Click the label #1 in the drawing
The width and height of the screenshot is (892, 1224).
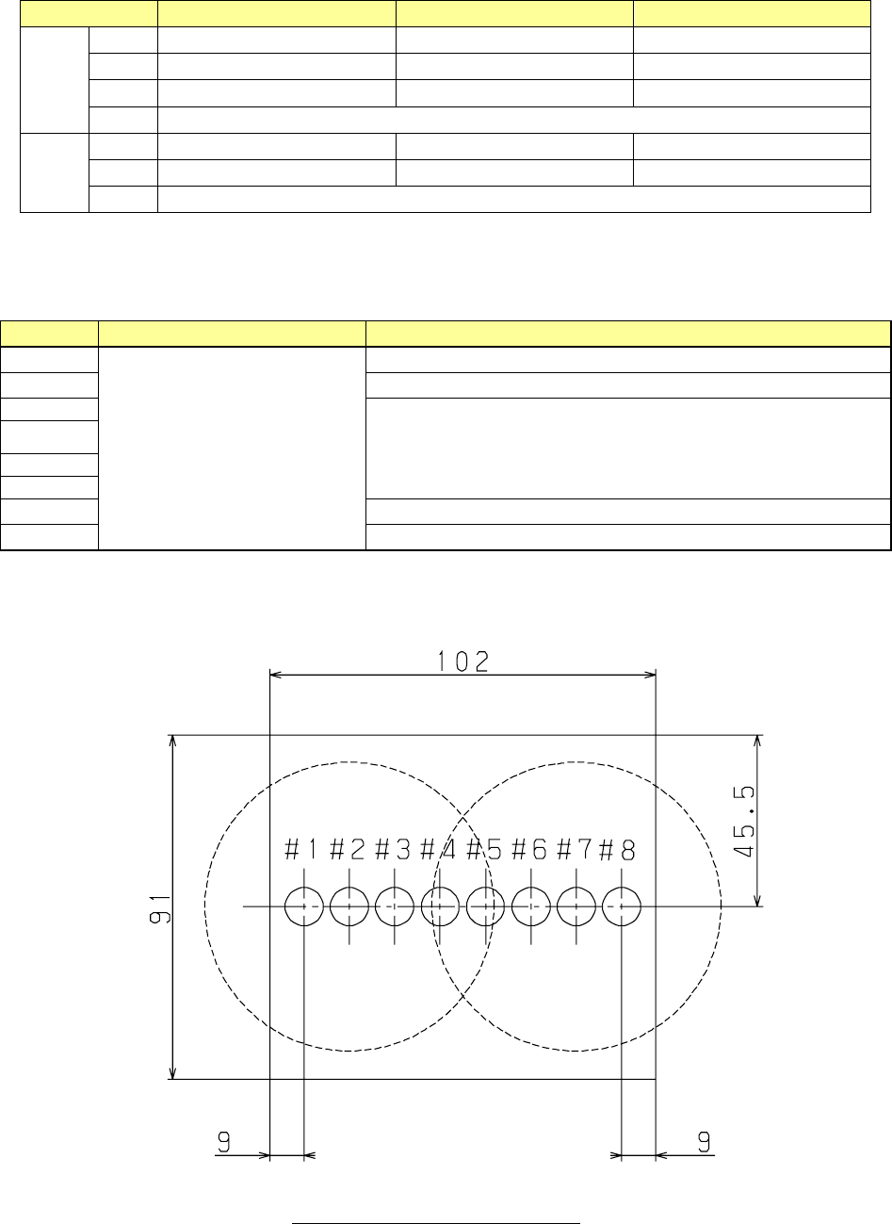[x=301, y=850]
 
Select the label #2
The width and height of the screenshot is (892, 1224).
[x=348, y=850]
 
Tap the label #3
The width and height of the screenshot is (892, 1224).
[x=393, y=850]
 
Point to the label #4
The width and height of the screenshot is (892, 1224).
[x=438, y=850]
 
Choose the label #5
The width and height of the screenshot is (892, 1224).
[x=484, y=850]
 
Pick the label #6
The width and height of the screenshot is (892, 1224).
[x=529, y=850]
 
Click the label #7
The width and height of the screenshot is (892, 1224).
[x=574, y=850]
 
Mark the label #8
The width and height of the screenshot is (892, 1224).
[x=617, y=850]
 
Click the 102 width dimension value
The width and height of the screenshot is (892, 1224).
[x=463, y=661]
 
